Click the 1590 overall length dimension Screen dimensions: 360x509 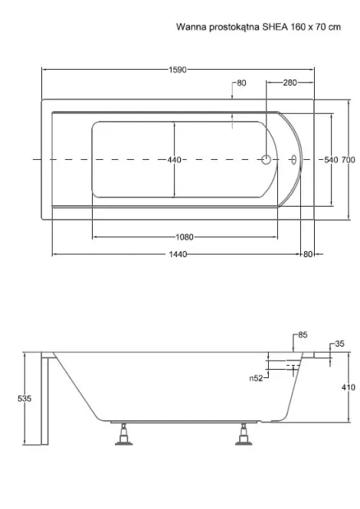178,70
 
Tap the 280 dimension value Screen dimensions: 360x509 290,83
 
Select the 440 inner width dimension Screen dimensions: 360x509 175,160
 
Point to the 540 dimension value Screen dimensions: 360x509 331,160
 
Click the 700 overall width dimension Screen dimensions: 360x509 348,160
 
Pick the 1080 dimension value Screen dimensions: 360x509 185,237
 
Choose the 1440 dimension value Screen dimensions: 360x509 178,254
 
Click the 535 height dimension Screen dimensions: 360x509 25,398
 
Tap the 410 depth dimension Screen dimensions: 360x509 349,387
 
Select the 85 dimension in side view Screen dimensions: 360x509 303,334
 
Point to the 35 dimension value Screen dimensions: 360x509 339,344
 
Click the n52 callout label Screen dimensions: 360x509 256,378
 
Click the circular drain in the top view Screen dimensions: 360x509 267,159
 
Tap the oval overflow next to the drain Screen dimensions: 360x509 293,159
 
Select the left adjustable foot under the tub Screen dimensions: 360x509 124,434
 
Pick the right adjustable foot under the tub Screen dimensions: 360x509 244,434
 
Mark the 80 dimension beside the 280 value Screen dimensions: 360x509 241,83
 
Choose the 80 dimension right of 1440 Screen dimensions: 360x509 308,254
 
